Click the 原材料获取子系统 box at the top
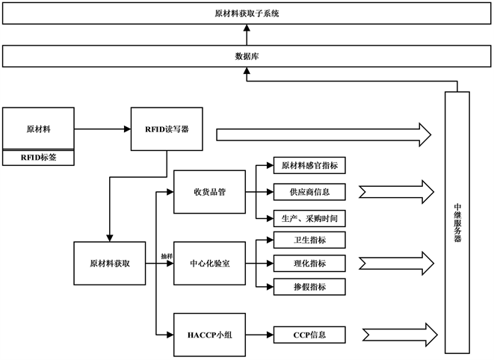coord(247,14)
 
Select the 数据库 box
coord(247,56)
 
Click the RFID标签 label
coord(37,158)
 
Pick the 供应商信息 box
coord(309,192)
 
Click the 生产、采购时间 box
coord(309,218)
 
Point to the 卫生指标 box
coord(309,240)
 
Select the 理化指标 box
coord(309,263)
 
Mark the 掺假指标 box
coord(309,287)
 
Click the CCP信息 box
coord(309,334)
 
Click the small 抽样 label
coord(166,256)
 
